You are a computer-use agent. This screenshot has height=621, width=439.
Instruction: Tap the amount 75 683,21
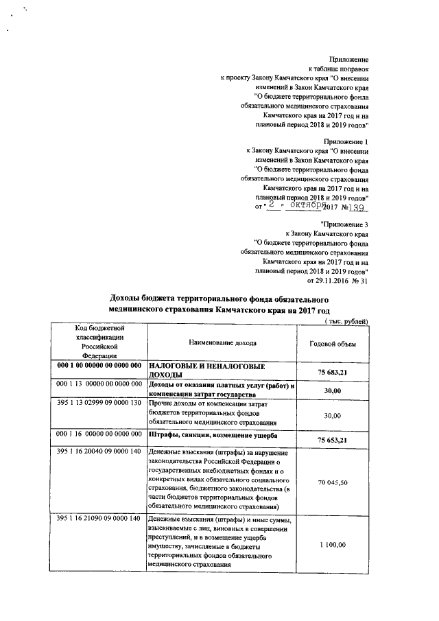point(333,371)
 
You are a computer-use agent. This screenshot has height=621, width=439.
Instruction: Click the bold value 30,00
point(333,390)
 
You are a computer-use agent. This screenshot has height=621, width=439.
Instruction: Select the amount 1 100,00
point(333,544)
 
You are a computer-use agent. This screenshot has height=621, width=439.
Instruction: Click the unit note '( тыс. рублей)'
point(346,322)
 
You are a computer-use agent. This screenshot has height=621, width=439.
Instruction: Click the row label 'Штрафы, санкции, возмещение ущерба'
point(211,434)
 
